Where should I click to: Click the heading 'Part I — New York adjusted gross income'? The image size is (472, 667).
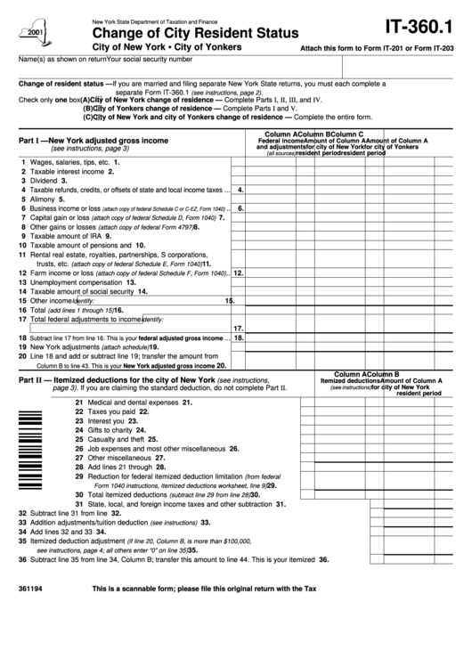(93, 141)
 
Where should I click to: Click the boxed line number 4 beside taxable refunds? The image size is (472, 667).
(240, 190)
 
